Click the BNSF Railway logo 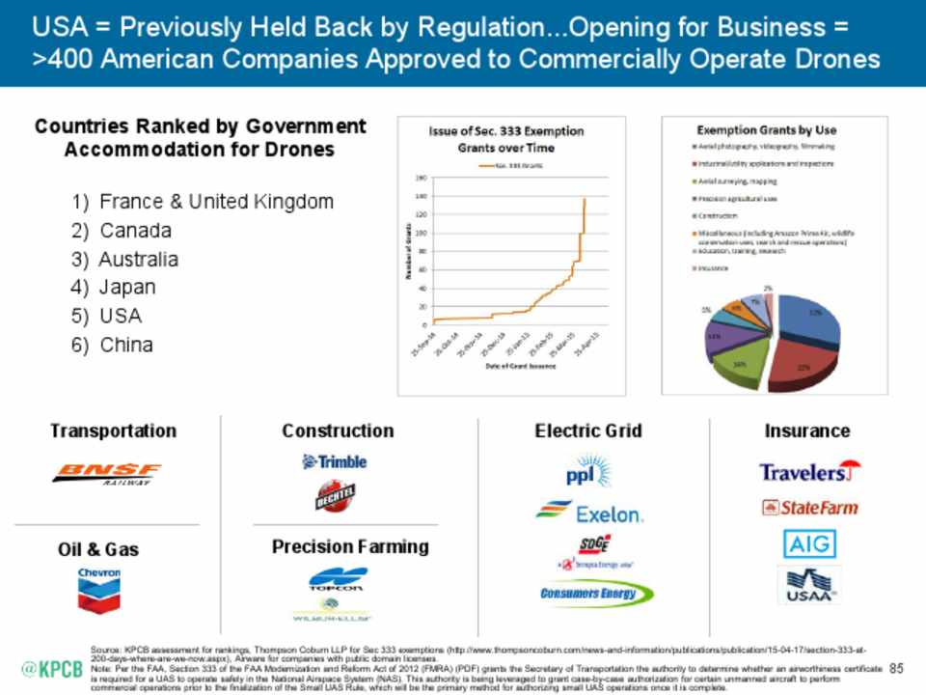(108, 473)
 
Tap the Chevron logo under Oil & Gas (99, 590)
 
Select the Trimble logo (335, 462)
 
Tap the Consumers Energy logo (588, 594)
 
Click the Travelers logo (808, 472)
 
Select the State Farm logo (808, 508)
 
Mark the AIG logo (808, 544)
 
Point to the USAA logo (808, 585)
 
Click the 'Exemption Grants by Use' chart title (767, 129)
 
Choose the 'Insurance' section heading (807, 431)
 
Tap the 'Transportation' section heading (114, 431)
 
